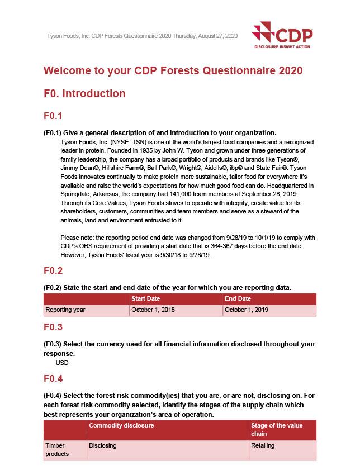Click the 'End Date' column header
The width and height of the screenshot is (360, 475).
pyautogui.click(x=238, y=299)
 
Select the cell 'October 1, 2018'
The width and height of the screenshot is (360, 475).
pyautogui.click(x=153, y=310)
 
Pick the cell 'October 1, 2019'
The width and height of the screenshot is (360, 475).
pyautogui.click(x=246, y=310)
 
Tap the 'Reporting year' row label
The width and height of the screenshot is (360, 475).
pyautogui.click(x=65, y=310)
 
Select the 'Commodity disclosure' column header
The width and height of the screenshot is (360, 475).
pyautogui.click(x=121, y=426)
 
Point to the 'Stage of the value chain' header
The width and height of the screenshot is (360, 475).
pyautogui.click(x=277, y=430)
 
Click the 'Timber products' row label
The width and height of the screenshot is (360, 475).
pyautogui.click(x=56, y=450)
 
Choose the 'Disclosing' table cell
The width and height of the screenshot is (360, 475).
pyautogui.click(x=103, y=446)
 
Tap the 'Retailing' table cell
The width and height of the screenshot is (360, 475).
pyautogui.click(x=263, y=446)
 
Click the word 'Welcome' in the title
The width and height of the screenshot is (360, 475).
pyautogui.click(x=69, y=71)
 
